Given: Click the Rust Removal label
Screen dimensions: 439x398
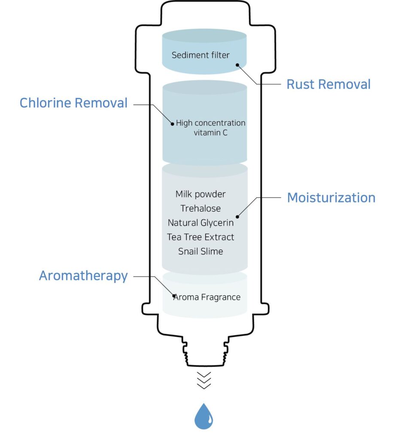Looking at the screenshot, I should click(x=328, y=84).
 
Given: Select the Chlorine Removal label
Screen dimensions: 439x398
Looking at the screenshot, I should click(x=73, y=103).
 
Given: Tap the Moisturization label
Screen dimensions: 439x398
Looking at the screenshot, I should click(x=331, y=198).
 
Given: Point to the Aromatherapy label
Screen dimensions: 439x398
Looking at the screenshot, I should click(x=83, y=276).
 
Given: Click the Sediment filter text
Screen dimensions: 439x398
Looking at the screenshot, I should click(x=201, y=55).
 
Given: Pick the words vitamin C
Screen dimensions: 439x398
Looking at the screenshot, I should click(x=210, y=133).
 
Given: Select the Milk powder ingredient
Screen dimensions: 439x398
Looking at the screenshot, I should click(x=201, y=194).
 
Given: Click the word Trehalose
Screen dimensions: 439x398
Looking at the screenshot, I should click(x=201, y=208).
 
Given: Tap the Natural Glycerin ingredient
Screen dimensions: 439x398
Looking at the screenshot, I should click(x=201, y=223).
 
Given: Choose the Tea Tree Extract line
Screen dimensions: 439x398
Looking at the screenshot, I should click(x=201, y=237).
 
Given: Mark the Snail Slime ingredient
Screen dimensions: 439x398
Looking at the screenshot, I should click(x=201, y=251).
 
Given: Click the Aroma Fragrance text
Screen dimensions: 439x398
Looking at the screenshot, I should click(x=207, y=297).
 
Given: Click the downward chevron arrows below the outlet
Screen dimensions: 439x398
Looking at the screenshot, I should click(x=204, y=380).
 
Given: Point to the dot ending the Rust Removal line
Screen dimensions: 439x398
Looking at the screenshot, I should click(x=237, y=65).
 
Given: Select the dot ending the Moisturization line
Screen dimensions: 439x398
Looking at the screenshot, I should click(x=237, y=216).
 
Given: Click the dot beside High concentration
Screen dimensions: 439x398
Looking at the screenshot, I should click(x=172, y=123).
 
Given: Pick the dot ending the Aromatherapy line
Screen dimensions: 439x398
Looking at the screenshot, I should click(x=174, y=295).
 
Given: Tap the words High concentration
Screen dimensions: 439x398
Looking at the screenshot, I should click(x=210, y=123).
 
